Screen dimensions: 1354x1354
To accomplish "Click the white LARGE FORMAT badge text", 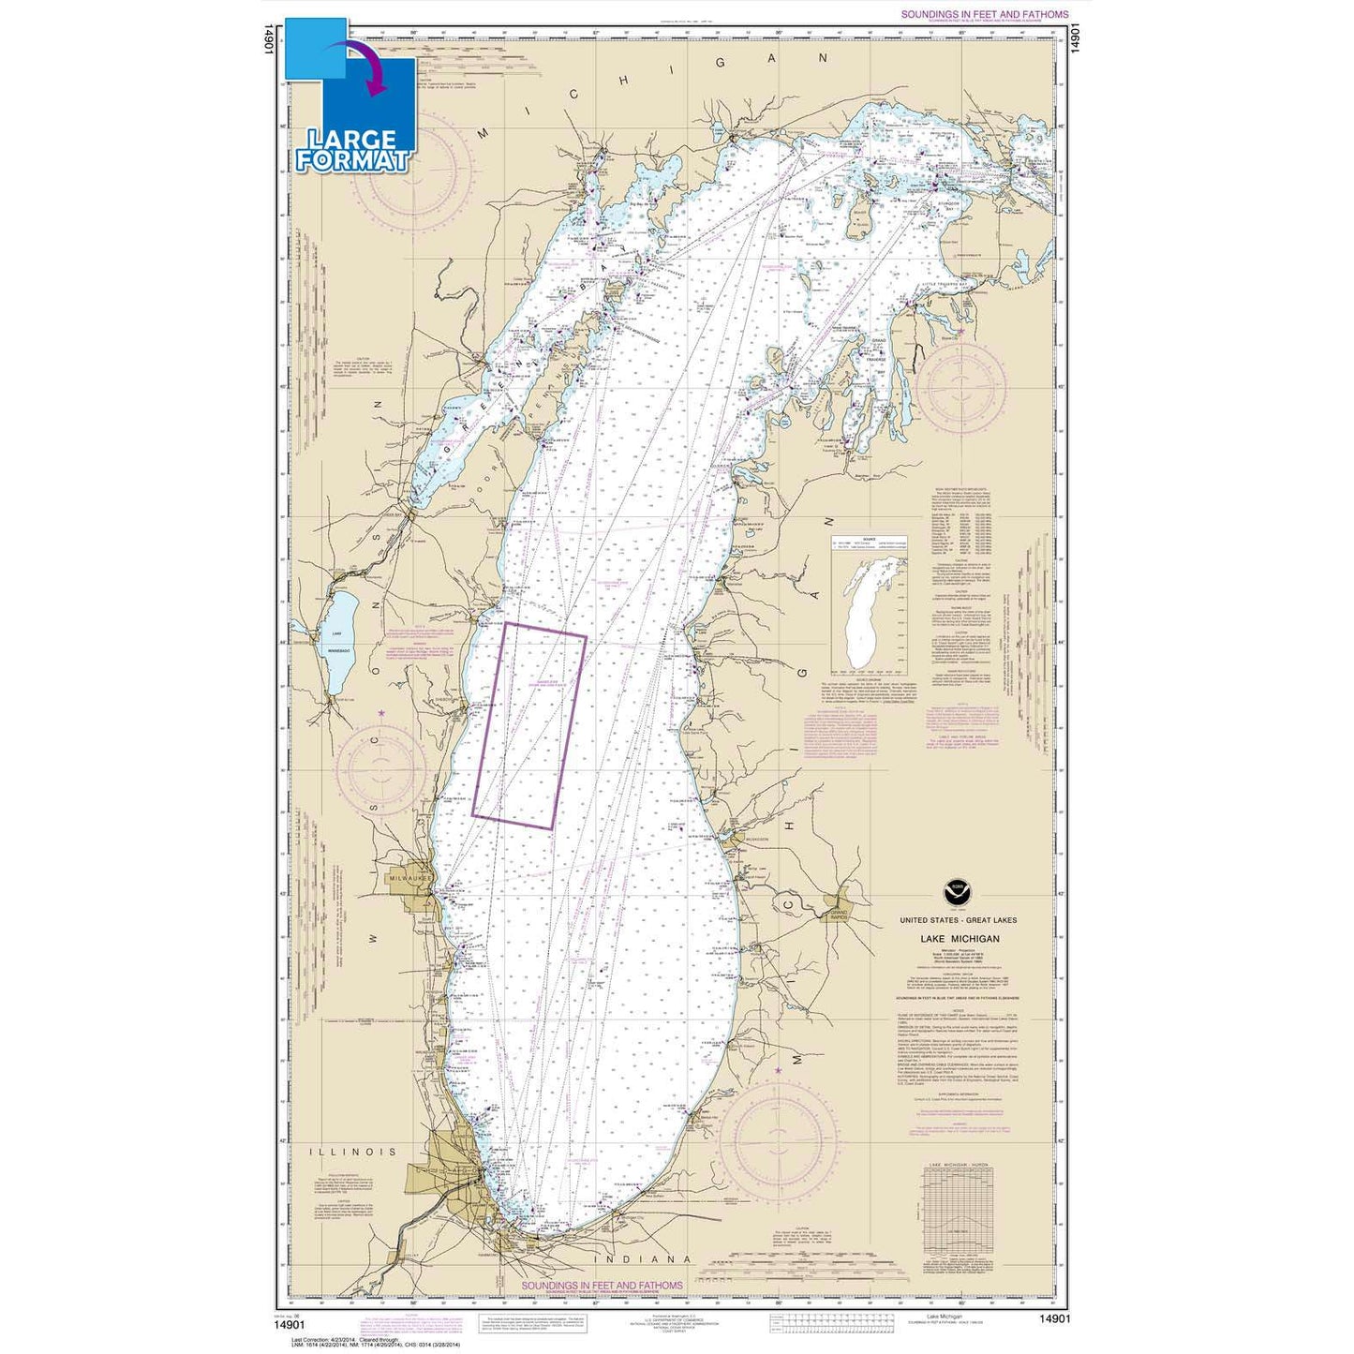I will click(x=353, y=148).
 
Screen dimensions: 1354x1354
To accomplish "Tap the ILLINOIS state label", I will click(x=355, y=1152).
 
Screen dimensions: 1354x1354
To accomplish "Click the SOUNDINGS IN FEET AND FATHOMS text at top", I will click(x=983, y=15).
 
